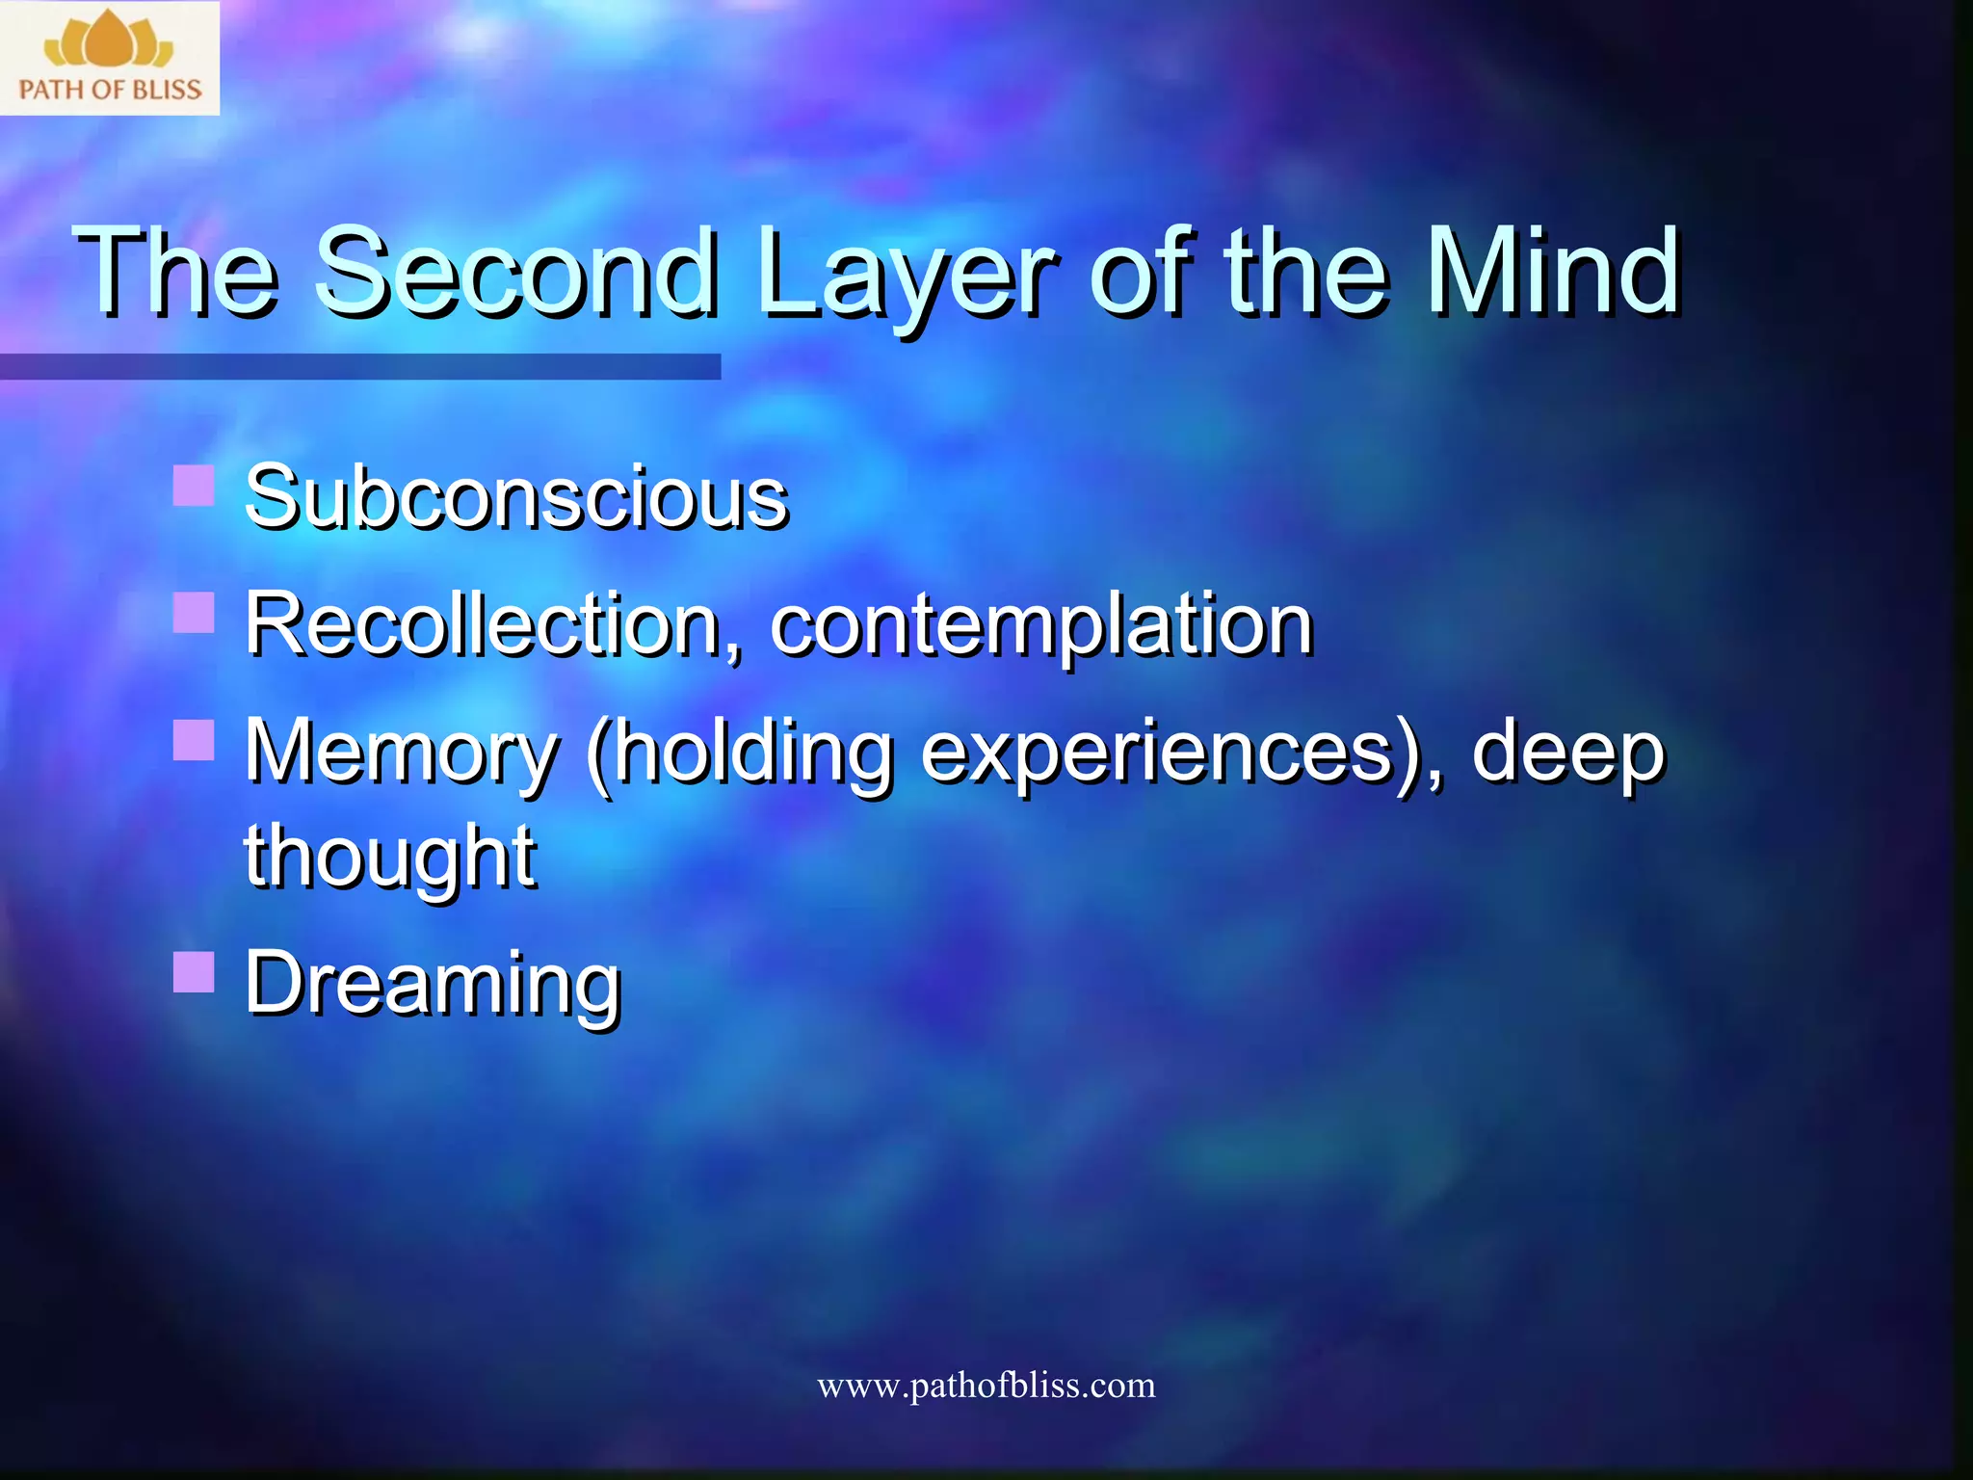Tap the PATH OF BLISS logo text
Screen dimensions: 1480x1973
coord(110,90)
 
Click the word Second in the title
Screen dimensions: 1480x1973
coord(516,272)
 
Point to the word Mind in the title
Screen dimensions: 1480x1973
coord(1552,272)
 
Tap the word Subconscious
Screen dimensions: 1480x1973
coord(516,497)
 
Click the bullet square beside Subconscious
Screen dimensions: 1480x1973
coord(194,486)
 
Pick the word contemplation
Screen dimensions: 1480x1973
coord(1041,626)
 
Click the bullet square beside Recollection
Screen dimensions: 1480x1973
coord(194,612)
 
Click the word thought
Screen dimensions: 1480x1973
coord(389,858)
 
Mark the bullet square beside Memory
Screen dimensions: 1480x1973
coord(194,740)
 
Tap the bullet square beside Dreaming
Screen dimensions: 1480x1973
coord(194,971)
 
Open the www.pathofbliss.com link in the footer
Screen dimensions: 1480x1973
coord(986,1386)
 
